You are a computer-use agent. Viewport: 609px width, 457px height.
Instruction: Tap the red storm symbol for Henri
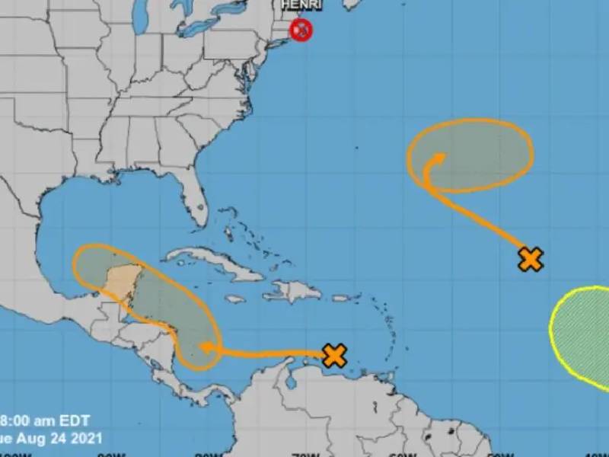[301, 30]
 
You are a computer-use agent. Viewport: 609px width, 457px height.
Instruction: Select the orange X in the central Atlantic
[531, 259]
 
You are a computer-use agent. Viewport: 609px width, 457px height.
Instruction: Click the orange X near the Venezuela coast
[334, 355]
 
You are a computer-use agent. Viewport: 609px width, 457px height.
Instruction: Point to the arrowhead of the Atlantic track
[438, 158]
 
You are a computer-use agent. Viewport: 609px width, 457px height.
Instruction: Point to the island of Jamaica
[235, 299]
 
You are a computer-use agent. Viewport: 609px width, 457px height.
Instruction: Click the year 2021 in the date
[87, 439]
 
